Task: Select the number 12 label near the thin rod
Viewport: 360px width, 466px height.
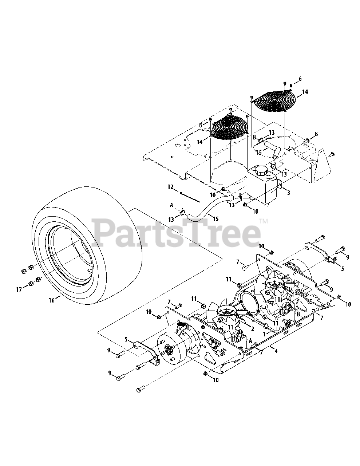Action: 170,187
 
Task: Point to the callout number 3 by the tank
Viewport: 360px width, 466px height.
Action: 288,192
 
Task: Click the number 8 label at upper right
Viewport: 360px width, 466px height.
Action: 316,134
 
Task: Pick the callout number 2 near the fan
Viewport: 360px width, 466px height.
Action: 252,329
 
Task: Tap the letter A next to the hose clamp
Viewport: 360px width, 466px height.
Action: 171,205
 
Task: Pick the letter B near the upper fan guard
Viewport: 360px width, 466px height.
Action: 254,137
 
